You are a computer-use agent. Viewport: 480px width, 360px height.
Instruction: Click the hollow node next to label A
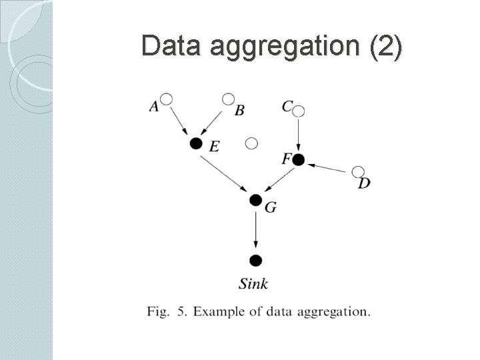167,99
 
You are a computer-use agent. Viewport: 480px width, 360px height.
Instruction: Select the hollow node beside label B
228,99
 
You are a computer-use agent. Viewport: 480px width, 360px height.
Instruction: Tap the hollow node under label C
299,111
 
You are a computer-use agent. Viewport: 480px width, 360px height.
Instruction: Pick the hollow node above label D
358,172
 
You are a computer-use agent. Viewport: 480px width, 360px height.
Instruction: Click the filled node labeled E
195,143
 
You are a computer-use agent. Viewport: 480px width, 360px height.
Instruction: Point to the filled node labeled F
298,159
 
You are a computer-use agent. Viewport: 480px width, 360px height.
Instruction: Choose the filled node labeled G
255,199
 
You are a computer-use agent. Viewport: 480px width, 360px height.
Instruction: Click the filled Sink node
255,260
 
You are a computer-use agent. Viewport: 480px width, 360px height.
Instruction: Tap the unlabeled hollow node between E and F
251,143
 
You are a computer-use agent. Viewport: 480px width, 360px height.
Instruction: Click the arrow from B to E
213,121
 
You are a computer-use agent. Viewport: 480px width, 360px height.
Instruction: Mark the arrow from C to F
299,135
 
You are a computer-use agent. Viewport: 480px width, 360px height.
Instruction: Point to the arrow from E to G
225,171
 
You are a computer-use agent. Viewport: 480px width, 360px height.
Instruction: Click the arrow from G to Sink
255,230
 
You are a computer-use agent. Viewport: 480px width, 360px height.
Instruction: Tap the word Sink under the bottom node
253,284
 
